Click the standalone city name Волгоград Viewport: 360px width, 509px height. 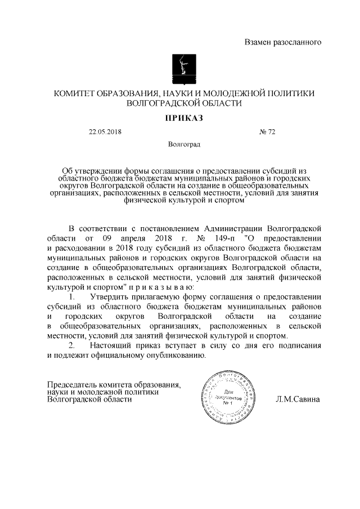click(184, 145)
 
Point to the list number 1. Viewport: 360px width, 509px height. click(72, 296)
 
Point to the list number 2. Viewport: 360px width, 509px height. click(72, 345)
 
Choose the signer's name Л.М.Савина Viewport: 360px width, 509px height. click(298, 399)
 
